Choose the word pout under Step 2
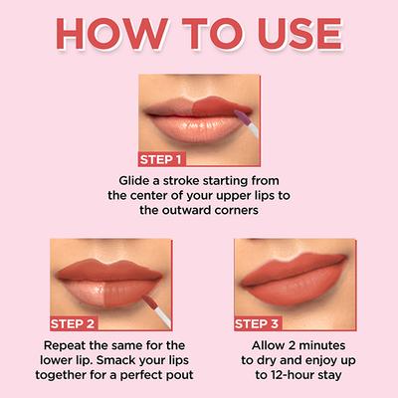pyautogui.click(x=174, y=375)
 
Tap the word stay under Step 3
pyautogui.click(x=330, y=375)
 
